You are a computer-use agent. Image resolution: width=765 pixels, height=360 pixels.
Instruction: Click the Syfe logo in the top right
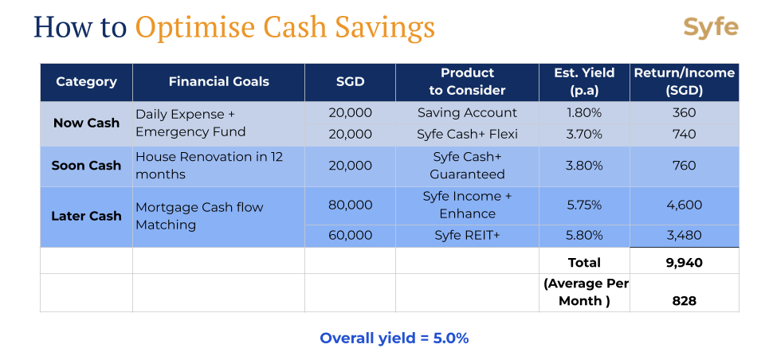(710, 28)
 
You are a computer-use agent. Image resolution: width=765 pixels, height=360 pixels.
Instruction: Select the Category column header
(86, 82)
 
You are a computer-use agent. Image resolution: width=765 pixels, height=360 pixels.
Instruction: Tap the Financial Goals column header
(219, 82)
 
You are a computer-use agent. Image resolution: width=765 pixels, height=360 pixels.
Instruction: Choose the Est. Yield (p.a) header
(584, 82)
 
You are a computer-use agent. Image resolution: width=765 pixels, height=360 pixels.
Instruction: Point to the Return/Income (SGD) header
(685, 82)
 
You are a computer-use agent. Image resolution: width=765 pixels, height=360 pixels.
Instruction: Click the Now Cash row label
(86, 123)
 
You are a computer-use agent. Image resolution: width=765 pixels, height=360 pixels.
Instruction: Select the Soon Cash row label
(86, 166)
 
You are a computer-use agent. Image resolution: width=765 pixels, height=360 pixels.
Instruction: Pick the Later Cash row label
(86, 216)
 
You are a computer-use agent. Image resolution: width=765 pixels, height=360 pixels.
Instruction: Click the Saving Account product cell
(467, 113)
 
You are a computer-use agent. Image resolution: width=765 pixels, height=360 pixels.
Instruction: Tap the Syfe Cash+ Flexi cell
(467, 134)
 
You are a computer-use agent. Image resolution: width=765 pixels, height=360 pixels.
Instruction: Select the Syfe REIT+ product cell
(467, 235)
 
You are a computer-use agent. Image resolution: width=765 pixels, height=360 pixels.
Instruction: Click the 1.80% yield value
(584, 113)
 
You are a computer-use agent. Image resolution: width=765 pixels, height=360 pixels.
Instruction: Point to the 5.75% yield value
(584, 205)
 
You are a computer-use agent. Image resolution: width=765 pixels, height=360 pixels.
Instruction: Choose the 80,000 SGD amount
(350, 205)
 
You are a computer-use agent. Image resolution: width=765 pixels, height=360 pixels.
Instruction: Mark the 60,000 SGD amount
(350, 235)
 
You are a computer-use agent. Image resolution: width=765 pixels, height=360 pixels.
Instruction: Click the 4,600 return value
(684, 205)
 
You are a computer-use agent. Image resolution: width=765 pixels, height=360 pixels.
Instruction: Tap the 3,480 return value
(684, 235)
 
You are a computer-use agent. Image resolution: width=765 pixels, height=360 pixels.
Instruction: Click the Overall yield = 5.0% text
(394, 338)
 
